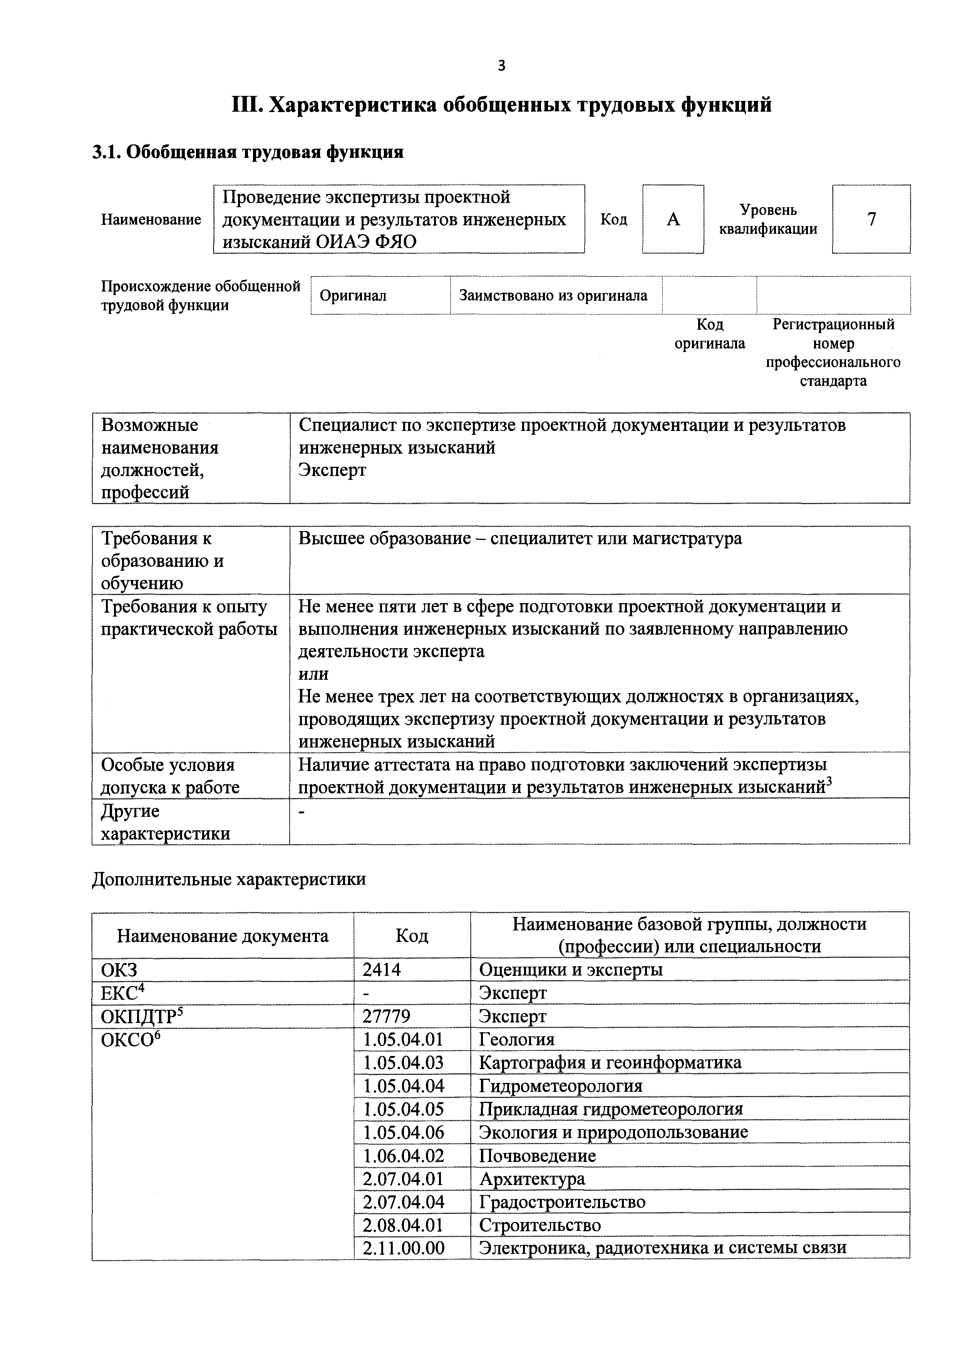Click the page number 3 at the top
(501, 66)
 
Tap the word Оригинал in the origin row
(353, 295)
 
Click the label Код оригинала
(710, 334)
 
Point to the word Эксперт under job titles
(332, 470)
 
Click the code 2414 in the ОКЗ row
(382, 969)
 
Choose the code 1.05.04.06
(403, 1133)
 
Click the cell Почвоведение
(537, 1156)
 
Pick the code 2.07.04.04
(403, 1202)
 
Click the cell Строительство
(539, 1225)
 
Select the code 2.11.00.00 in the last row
(403, 1248)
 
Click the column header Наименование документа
(223, 935)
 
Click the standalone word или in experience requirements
(313, 674)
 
